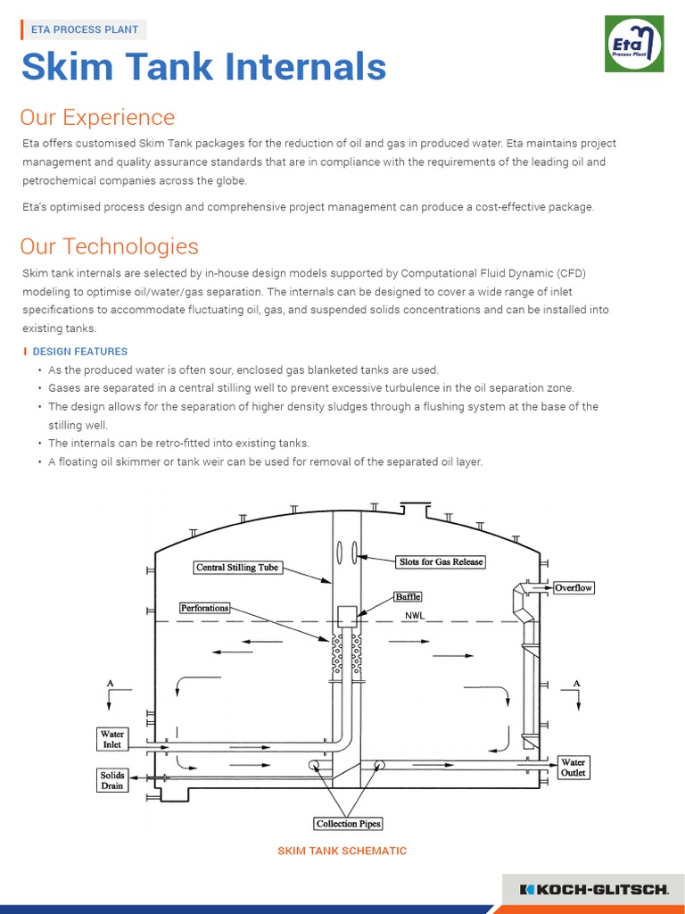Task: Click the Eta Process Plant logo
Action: pyautogui.click(x=634, y=44)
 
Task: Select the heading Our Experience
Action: pyautogui.click(x=97, y=117)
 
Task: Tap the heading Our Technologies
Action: pyautogui.click(x=109, y=245)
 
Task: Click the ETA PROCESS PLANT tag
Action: pyautogui.click(x=85, y=29)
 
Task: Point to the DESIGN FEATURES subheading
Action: pyautogui.click(x=79, y=352)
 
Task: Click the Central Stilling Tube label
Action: pyautogui.click(x=237, y=567)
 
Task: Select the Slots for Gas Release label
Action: pyautogui.click(x=441, y=561)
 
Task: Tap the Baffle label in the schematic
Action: pyautogui.click(x=408, y=595)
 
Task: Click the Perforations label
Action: pyautogui.click(x=205, y=608)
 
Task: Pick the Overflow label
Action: pyautogui.click(x=574, y=588)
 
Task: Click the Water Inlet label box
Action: pyautogui.click(x=112, y=739)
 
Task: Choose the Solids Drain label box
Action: pyautogui.click(x=112, y=780)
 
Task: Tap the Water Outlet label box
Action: pyautogui.click(x=573, y=768)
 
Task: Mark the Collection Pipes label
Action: pyautogui.click(x=349, y=824)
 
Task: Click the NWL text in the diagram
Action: pyautogui.click(x=416, y=616)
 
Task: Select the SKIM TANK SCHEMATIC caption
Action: pyautogui.click(x=342, y=851)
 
